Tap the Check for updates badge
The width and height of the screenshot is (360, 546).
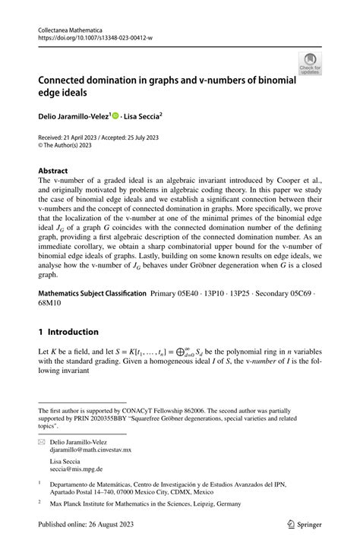(310, 64)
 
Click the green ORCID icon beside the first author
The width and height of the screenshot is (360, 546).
(115, 116)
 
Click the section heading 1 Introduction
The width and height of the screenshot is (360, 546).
(68, 332)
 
